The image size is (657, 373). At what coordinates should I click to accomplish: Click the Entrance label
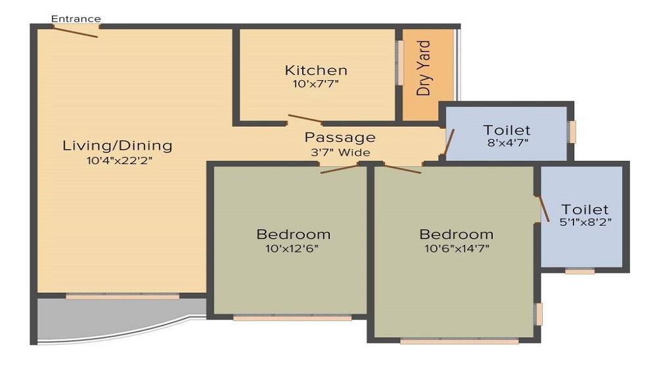click(76, 18)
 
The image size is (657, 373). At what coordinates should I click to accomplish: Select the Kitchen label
click(315, 70)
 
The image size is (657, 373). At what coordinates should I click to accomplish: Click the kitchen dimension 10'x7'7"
click(315, 84)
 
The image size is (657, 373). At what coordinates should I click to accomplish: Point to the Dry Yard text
click(424, 68)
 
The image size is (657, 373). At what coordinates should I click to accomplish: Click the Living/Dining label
click(117, 146)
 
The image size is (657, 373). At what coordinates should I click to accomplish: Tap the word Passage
click(340, 138)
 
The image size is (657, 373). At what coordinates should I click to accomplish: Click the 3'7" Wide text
click(340, 152)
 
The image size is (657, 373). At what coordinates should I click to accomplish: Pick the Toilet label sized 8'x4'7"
click(507, 130)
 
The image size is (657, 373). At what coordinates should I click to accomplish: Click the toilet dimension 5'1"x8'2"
click(585, 223)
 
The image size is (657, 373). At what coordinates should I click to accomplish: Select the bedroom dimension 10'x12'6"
click(293, 248)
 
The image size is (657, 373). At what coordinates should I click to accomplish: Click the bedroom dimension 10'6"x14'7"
click(457, 248)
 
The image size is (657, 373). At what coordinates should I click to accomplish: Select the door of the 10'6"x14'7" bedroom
click(402, 169)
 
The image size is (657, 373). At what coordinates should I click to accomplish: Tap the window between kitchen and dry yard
click(398, 64)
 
